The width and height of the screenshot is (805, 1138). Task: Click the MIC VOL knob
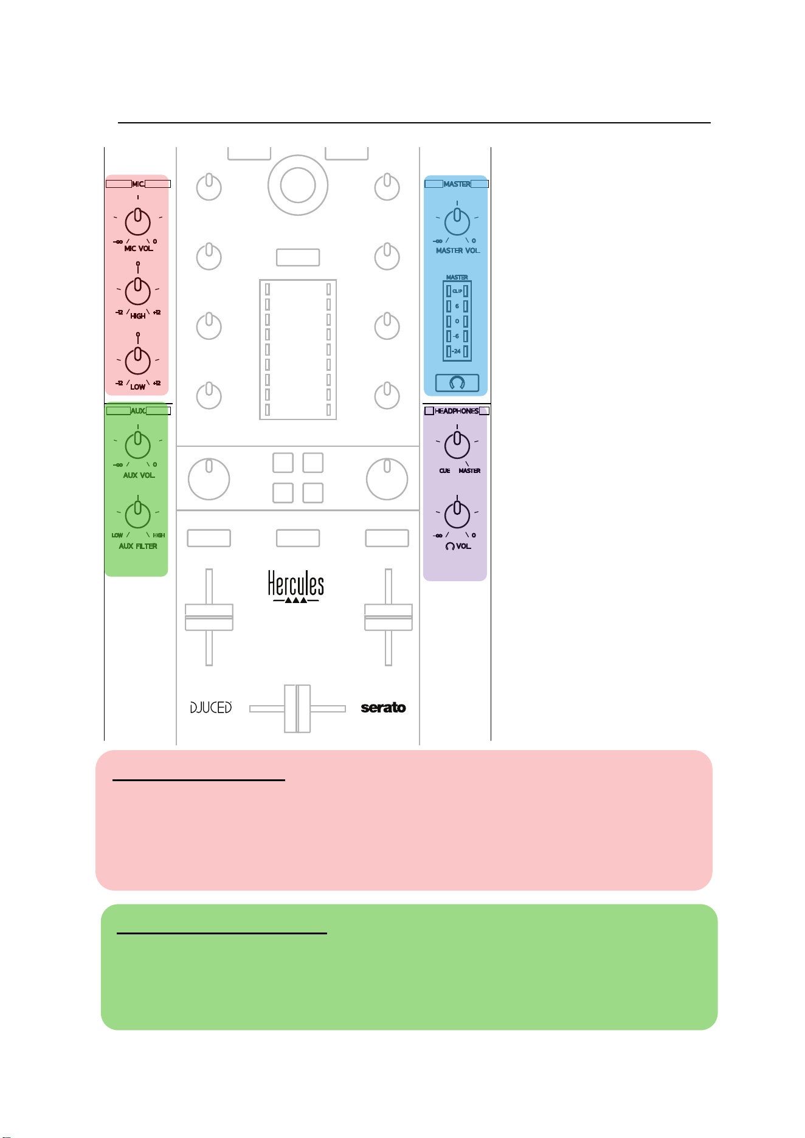pos(138,222)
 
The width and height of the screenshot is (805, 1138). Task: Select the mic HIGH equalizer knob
pos(138,291)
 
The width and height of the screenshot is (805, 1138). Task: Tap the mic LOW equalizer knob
pos(138,361)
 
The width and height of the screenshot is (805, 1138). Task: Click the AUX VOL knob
pos(138,446)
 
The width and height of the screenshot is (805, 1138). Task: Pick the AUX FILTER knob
pos(138,516)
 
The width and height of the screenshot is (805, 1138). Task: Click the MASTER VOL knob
pos(457,222)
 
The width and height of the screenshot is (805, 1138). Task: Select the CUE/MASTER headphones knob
pos(457,446)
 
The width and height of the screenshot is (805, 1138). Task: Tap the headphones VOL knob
pos(457,516)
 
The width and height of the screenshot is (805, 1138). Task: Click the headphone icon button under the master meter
pos(457,382)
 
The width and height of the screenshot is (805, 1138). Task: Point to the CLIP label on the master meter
pos(457,291)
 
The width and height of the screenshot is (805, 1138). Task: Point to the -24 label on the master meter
pos(457,351)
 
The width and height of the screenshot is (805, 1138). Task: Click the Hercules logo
pos(296,586)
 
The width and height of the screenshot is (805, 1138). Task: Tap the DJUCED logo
pos(211,708)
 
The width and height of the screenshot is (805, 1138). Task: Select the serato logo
pos(383,708)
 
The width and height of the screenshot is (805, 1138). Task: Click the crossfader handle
pos(297,708)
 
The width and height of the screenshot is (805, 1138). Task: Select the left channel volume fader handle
pos(209,617)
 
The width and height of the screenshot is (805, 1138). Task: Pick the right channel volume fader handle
pos(389,617)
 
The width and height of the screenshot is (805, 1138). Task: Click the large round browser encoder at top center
pos(298,185)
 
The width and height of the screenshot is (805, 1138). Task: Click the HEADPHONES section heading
pos(457,411)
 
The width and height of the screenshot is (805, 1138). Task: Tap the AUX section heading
pos(138,411)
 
